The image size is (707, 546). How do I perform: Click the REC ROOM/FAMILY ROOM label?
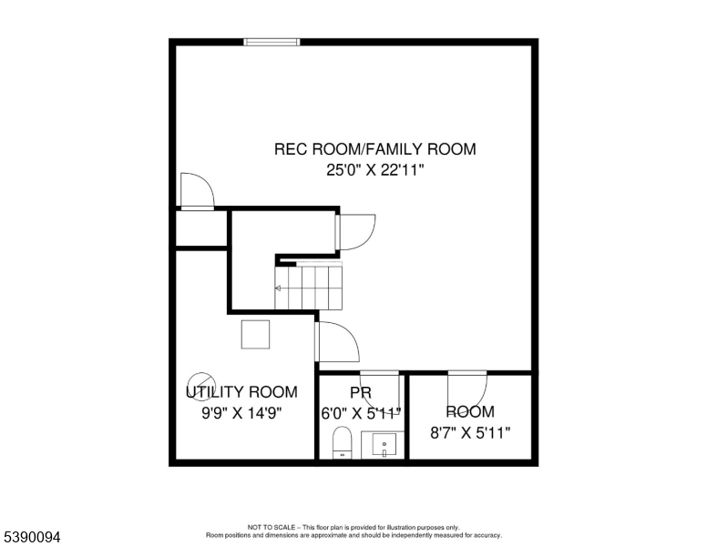374,149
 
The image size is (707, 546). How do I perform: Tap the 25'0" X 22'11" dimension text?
374,169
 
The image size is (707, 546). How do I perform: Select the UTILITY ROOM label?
241,392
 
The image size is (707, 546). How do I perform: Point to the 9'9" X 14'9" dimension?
241,412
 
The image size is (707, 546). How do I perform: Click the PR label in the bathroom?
361,392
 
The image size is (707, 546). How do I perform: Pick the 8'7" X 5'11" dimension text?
469,432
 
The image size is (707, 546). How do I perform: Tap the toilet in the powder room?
342,442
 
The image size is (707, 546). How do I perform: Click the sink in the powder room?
383,446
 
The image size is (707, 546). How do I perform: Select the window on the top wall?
272,41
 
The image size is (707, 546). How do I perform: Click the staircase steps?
309,287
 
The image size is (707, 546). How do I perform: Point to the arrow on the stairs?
279,288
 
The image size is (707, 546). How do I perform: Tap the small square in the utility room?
255,334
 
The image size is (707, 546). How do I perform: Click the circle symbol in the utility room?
201,387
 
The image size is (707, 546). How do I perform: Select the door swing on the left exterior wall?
195,191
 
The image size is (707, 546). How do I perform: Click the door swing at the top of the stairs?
354,231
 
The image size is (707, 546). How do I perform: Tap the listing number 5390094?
31,538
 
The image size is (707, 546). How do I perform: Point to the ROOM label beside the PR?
469,412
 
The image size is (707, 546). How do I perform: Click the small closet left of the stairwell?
201,229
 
